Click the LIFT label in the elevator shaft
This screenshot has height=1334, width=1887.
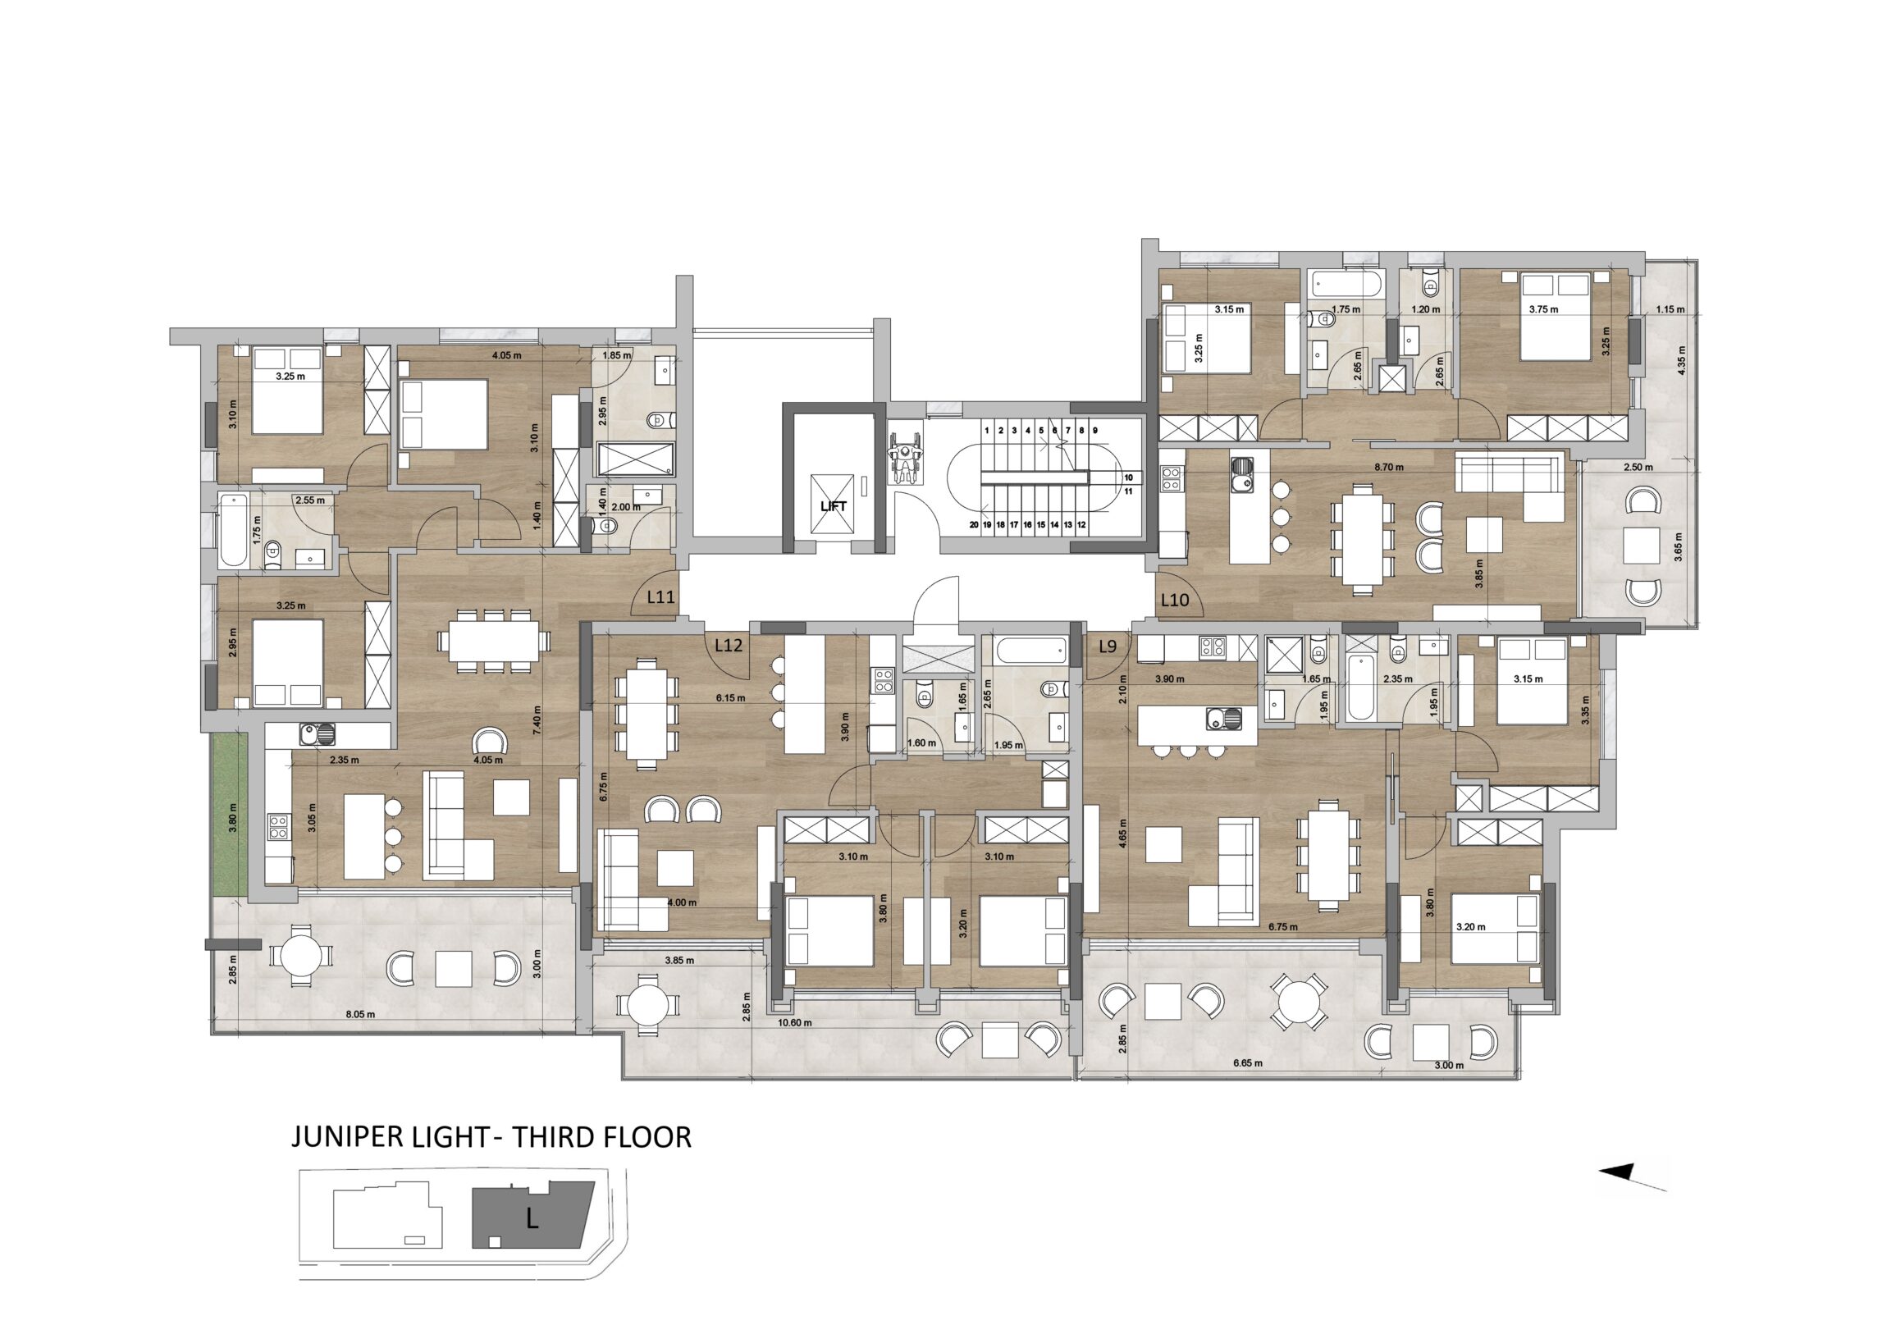[834, 506]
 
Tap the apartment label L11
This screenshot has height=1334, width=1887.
[660, 597]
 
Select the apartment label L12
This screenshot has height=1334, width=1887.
[729, 645]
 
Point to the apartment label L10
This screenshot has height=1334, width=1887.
[1174, 600]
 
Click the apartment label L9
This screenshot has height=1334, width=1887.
[1108, 646]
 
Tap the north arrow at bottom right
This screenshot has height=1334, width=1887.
[1632, 1178]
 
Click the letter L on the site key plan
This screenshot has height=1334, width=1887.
[532, 1221]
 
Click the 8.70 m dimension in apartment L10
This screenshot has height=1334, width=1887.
[1389, 467]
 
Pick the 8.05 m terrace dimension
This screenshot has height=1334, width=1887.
[360, 1014]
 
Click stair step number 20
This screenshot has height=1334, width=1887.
[974, 524]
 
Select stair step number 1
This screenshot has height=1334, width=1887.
[986, 430]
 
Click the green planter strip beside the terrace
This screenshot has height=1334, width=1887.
[229, 815]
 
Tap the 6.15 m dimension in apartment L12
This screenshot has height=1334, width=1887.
[731, 698]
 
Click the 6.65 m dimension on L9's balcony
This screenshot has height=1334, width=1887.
[1248, 1062]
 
